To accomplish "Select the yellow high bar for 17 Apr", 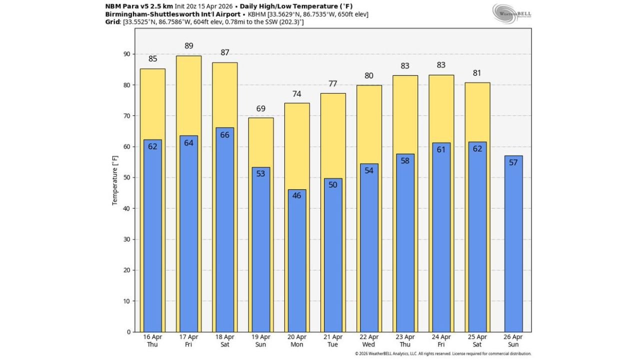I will click(x=188, y=95).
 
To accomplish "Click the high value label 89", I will click(x=188, y=46).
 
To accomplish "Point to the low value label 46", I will click(x=296, y=195).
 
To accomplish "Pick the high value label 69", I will click(x=260, y=108).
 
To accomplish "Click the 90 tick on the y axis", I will click(x=126, y=54).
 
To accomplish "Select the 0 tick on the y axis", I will click(x=128, y=332).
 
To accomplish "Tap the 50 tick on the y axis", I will click(x=126, y=177).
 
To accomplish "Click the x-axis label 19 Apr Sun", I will click(x=260, y=340).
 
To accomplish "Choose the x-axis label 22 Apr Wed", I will click(x=368, y=340).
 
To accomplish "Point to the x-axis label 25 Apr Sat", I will click(x=477, y=340).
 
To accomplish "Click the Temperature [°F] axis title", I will click(x=115, y=180).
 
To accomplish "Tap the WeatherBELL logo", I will click(x=511, y=13).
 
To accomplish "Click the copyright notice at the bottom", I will click(x=443, y=353).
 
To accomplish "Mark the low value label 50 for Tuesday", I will click(x=332, y=184).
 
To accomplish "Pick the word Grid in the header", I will click(x=112, y=22).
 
